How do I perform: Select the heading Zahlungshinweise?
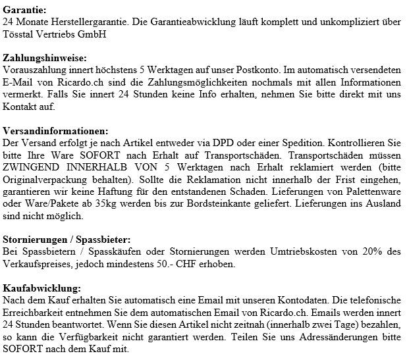coord(44,57)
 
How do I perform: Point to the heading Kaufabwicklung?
coord(43,288)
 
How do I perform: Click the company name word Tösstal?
coord(18,34)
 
